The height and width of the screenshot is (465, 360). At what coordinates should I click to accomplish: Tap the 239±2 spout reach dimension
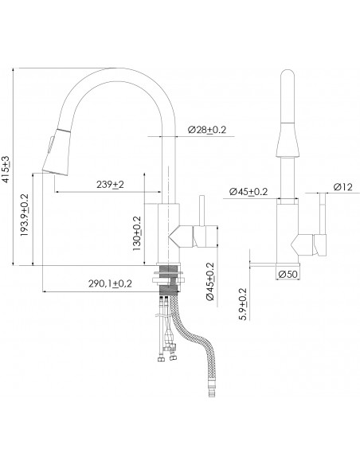tap(110, 185)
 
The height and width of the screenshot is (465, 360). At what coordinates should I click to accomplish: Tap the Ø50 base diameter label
tap(288, 275)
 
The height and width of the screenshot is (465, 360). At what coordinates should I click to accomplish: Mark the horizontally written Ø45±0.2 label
tap(248, 191)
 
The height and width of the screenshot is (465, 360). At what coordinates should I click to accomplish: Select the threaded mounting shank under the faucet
tap(170, 282)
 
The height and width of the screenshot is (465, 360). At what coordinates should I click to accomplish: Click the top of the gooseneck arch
tap(119, 69)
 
